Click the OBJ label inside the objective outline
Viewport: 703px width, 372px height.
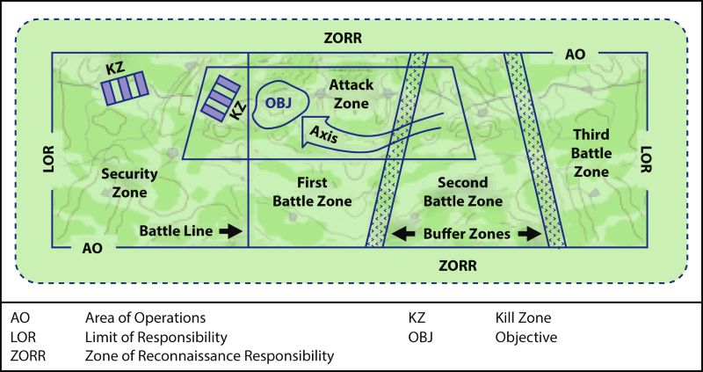point(279,103)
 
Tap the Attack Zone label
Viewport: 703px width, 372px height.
point(351,93)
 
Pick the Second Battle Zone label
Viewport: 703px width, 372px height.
point(463,192)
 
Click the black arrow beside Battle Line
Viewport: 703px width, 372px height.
point(229,230)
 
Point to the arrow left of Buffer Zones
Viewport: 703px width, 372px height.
point(403,234)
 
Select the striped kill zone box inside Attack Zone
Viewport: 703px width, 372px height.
point(217,98)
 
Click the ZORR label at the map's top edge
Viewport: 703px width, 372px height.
point(344,39)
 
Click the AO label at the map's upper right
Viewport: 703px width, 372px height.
point(576,54)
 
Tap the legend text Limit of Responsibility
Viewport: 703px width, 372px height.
point(156,337)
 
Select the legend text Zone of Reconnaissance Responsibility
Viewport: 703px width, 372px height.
point(209,356)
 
